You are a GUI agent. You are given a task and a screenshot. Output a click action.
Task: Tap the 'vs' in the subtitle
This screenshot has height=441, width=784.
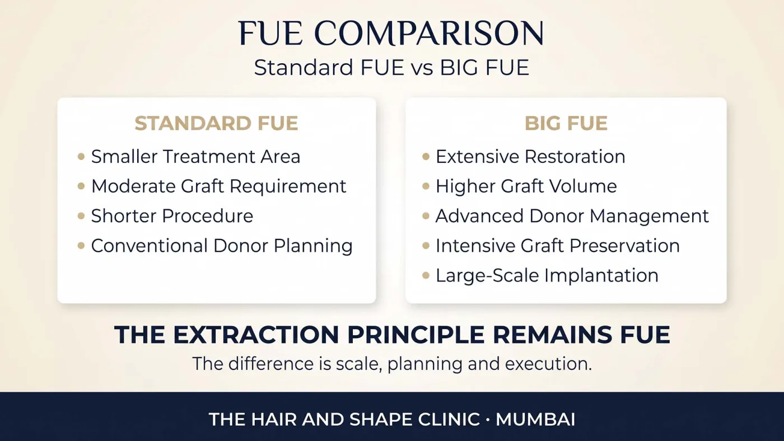pos(422,68)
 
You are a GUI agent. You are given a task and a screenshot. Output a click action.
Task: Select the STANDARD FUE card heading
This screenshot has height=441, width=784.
pos(216,123)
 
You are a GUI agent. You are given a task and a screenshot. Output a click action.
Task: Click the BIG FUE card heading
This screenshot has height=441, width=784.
pos(566,123)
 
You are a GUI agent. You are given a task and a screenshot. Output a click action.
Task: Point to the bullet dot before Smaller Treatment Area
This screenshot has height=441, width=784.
pos(81,156)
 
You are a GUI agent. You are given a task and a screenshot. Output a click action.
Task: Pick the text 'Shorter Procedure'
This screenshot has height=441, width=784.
pos(172,216)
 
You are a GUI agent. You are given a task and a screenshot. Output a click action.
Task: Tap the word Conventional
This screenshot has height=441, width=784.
pos(150,246)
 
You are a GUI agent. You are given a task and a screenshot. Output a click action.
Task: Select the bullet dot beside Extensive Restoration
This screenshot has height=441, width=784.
pos(426,156)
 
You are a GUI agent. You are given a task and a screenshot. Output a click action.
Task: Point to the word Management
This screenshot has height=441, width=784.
pos(649,216)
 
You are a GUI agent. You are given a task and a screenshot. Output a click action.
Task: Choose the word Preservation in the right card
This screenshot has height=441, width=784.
pos(624,246)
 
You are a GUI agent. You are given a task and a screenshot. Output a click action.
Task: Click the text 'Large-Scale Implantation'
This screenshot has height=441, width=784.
pos(547,275)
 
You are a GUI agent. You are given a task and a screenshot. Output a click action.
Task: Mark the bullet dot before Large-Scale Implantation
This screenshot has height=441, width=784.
pos(426,275)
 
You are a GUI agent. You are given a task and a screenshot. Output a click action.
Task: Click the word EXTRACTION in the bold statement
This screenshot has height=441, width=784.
pos(256,335)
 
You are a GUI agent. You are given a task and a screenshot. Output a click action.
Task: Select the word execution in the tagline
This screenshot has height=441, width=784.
pos(548,364)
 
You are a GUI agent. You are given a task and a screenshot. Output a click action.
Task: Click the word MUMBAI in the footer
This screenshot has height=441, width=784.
pos(535,419)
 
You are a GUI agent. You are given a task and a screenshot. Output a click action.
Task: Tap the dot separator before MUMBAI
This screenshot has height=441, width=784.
pos(488,419)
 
